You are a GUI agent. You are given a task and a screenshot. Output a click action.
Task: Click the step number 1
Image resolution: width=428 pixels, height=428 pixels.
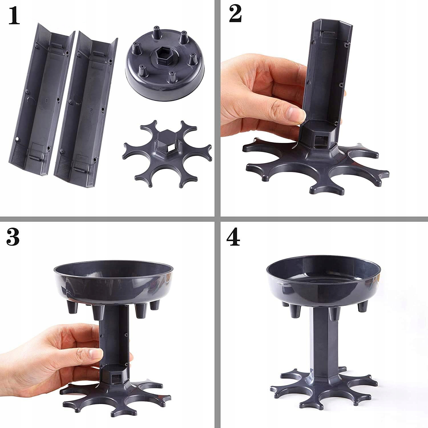(14, 17)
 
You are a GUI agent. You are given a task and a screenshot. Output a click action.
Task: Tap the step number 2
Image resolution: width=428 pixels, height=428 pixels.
(235, 15)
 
